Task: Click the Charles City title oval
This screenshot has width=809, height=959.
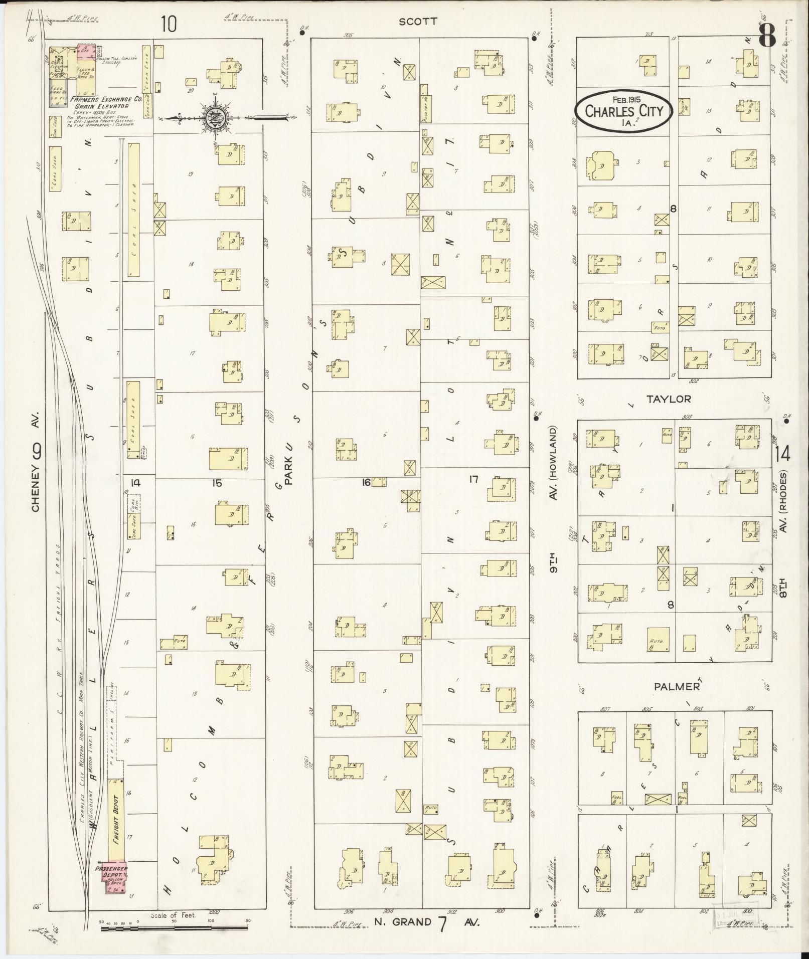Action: [624, 111]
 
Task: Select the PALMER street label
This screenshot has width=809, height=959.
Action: [677, 687]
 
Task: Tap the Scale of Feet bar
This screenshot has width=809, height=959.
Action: [174, 928]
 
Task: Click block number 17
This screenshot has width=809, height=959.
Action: [473, 480]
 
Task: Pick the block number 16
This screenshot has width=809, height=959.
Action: [366, 482]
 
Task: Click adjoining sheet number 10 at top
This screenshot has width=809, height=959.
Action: [169, 24]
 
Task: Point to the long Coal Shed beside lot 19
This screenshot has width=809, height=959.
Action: [133, 210]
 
